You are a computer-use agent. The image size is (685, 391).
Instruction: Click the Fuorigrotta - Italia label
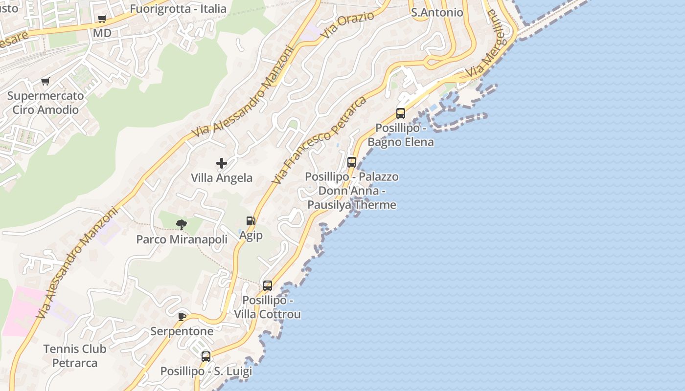(178, 9)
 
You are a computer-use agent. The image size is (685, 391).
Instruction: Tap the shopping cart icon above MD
(102, 19)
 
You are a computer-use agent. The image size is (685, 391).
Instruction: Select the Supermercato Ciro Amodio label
(46, 103)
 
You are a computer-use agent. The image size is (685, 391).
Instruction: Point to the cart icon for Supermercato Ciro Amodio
(46, 81)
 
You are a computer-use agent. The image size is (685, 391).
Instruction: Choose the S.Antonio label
(437, 13)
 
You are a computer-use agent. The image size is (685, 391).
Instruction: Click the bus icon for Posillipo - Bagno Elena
(401, 113)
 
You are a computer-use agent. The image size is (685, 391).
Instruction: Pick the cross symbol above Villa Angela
(222, 163)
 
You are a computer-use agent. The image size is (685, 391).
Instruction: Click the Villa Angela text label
(222, 178)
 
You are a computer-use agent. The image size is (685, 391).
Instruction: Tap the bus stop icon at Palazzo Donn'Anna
(352, 162)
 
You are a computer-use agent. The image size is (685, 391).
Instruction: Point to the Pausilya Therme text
(352, 205)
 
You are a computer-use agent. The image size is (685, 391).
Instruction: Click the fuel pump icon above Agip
(251, 221)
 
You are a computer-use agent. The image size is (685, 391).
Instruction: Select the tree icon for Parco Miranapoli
(182, 225)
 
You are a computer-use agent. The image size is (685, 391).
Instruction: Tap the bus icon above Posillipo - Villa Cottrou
(268, 286)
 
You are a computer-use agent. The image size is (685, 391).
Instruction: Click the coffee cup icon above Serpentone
(182, 317)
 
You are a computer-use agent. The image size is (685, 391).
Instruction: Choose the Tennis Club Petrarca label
(75, 356)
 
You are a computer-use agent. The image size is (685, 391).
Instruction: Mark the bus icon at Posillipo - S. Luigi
(206, 357)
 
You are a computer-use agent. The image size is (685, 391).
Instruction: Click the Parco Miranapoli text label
(182, 239)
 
